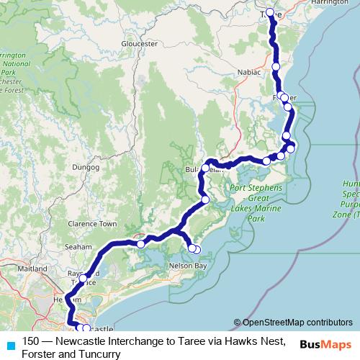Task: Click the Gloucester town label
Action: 140,44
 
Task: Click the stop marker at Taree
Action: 271,12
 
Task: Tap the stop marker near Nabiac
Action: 276,66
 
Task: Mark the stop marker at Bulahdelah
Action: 205,168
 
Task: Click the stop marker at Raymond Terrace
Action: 84,278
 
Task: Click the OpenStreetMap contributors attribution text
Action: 297,322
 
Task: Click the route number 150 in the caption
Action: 31,341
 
